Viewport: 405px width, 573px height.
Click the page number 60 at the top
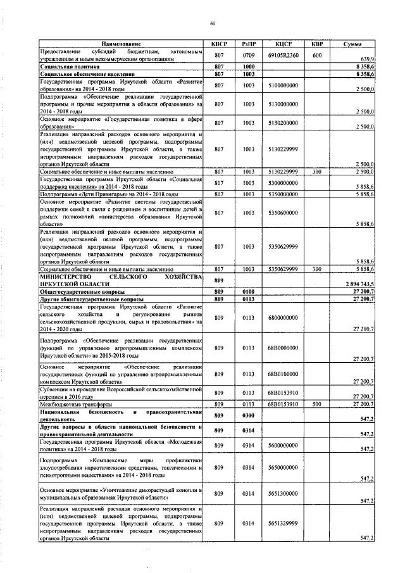pos(213,23)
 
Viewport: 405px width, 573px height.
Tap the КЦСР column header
pos(282,44)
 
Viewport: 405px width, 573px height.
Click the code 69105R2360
pos(282,55)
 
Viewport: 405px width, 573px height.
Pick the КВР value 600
pos(317,55)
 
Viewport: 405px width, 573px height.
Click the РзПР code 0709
pos(247,55)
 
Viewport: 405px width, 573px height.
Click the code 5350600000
pos(282,213)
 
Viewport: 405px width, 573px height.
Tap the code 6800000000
pos(282,317)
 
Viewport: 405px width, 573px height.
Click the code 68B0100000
pos(282,374)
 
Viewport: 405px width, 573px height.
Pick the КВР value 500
pos(317,404)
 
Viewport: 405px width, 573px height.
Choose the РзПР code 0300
pos(247,415)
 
